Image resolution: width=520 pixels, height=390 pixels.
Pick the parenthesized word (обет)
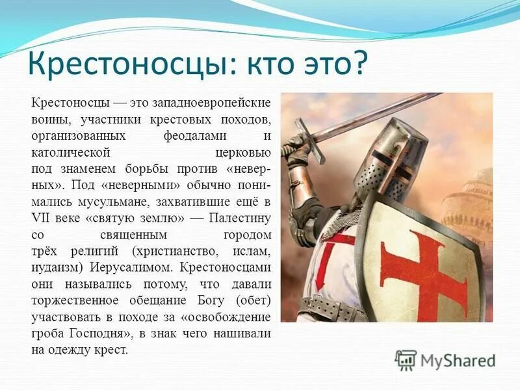coord(253,300)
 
